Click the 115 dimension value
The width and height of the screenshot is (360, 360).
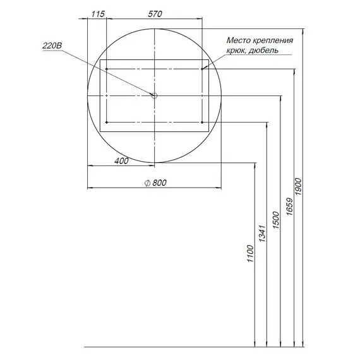[98, 14]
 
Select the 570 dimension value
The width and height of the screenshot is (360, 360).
[155, 14]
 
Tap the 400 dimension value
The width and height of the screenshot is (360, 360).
[121, 161]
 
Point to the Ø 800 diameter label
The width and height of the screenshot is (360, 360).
[155, 183]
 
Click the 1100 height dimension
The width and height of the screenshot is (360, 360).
[250, 254]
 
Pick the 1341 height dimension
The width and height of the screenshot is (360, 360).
[262, 234]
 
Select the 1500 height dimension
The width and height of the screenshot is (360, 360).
[276, 220]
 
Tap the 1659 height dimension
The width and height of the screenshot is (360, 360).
[289, 207]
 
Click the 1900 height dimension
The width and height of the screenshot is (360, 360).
[298, 187]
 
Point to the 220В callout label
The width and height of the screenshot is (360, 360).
[52, 45]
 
